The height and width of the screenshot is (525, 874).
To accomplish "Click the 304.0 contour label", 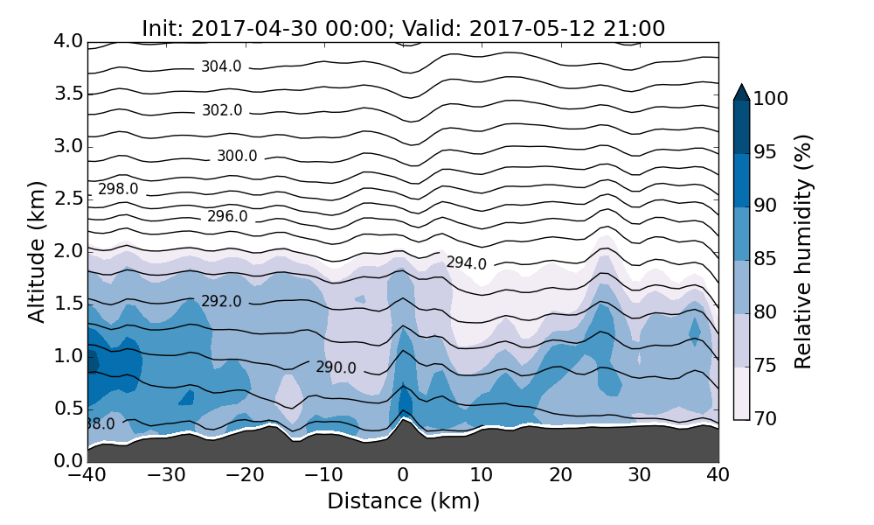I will click(221, 66).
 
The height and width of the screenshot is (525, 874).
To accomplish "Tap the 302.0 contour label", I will click(221, 111).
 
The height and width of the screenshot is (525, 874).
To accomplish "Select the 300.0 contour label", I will click(237, 157).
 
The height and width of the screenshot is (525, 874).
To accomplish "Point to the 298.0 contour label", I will click(118, 189).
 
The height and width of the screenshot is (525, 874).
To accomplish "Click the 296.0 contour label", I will click(227, 217).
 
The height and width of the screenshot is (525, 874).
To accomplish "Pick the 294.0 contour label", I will click(466, 263).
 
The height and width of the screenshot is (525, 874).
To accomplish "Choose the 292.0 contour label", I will click(221, 302).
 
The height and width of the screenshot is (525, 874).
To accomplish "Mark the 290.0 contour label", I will click(336, 368).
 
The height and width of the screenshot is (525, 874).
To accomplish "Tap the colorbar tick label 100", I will click(770, 100).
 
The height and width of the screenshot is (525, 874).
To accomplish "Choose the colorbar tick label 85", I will click(765, 260).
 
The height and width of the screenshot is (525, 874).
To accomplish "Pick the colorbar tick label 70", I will click(765, 420).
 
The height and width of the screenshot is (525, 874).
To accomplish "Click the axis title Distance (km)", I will click(403, 501).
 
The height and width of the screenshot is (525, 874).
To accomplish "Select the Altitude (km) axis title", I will click(37, 251).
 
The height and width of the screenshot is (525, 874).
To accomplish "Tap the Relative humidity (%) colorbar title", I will click(804, 251).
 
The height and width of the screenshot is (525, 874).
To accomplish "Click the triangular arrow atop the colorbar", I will click(741, 92).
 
